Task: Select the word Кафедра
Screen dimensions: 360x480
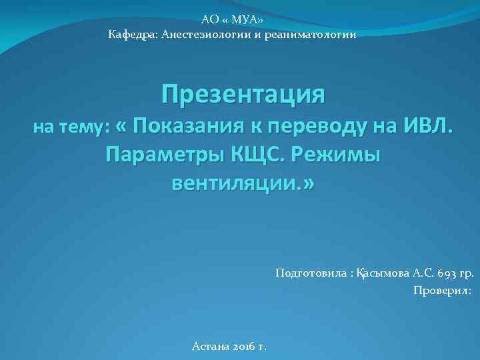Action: (129, 34)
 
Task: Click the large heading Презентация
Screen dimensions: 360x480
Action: (243, 94)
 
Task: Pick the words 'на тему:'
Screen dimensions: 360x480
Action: (71, 127)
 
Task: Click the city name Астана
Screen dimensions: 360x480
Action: (210, 346)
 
